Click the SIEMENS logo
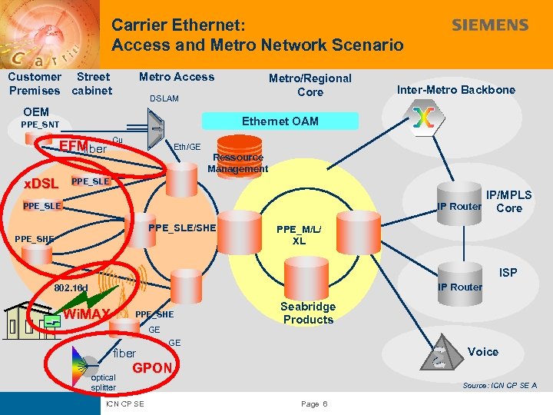(x=490, y=25)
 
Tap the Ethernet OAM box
(x=280, y=121)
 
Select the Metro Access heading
(x=177, y=77)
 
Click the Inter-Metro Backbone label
(x=456, y=90)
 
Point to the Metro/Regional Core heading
(x=310, y=85)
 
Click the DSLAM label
(x=164, y=98)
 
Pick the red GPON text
(x=153, y=367)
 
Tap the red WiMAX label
(x=87, y=314)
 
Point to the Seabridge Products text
(x=308, y=313)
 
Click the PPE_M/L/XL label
(x=299, y=234)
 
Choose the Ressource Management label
(x=237, y=163)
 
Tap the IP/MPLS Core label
(x=508, y=201)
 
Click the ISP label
(x=508, y=273)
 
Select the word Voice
(x=482, y=352)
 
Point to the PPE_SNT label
(x=39, y=124)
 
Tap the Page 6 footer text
(x=315, y=404)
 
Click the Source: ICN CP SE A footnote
(x=498, y=385)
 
